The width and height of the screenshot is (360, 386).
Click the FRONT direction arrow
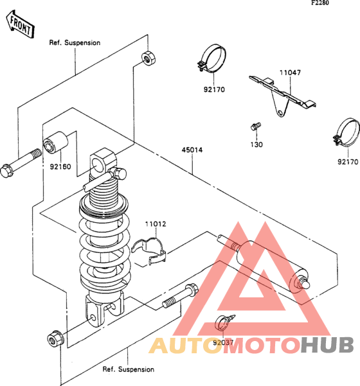pos(20,24)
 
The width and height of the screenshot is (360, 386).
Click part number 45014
pos(192,150)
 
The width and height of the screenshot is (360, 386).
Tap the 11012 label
pos(156,224)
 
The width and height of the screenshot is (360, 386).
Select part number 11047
pos(290,73)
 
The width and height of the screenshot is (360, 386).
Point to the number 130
pos(256,145)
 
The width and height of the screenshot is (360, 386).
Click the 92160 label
pos(60,166)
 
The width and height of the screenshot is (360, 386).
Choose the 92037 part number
pos(223,342)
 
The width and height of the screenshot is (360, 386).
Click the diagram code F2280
pos(320,3)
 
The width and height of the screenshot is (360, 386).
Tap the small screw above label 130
pos(255,127)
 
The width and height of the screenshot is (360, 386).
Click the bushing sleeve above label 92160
pos(56,142)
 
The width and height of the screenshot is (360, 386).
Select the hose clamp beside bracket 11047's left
pos(212,58)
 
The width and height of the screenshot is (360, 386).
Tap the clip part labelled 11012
pos(149,252)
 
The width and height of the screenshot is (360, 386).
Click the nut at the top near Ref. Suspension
pos(148,58)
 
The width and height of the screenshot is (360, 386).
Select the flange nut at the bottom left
pos(56,338)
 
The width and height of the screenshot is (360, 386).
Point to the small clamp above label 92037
pos(224,322)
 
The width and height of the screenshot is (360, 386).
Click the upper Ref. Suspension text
pos(75,42)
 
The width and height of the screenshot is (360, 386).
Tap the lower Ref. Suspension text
pos(129,369)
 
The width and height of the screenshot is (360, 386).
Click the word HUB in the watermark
pos(327,345)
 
